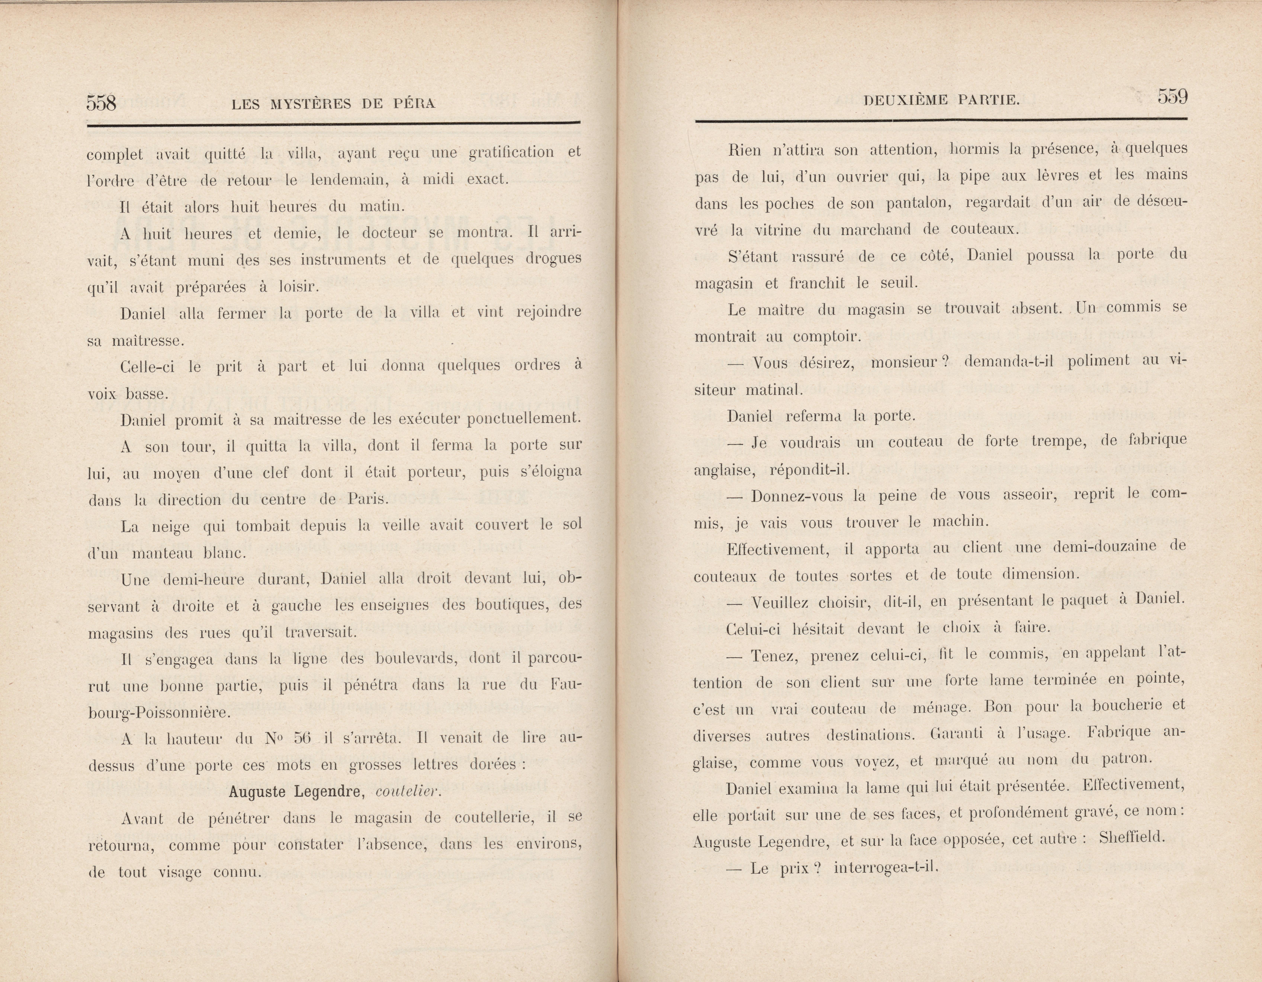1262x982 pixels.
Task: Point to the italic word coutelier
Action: click(x=407, y=792)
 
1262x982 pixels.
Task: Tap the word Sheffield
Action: click(x=1131, y=838)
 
